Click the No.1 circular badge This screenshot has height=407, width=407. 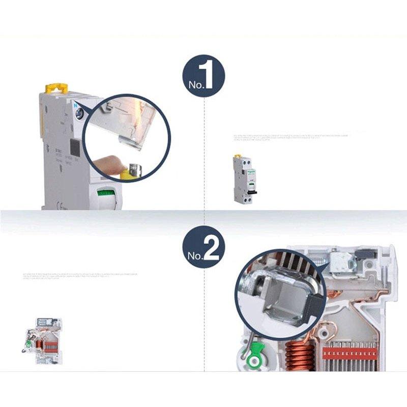[203, 76]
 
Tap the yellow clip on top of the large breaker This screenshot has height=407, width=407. [56, 89]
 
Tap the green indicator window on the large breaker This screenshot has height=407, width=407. [106, 193]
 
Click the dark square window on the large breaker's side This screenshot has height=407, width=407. [74, 148]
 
